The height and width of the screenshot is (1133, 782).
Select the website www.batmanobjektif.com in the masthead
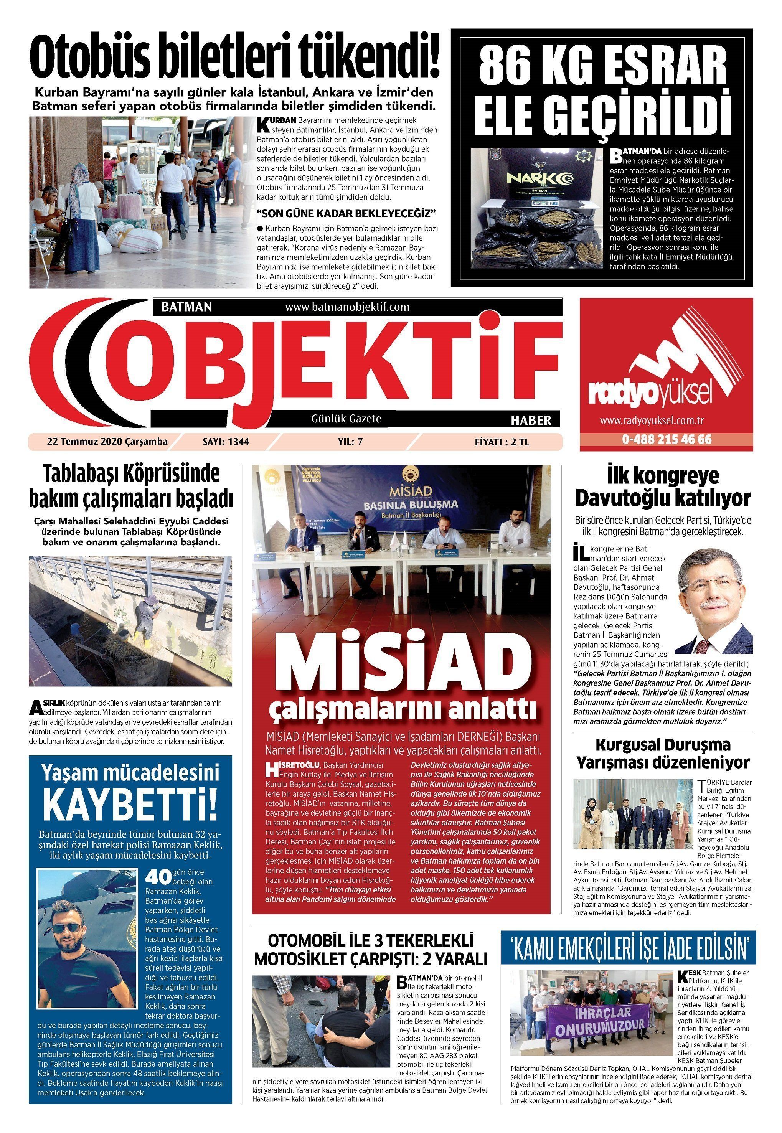(x=347, y=307)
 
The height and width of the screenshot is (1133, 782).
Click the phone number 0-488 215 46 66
(x=667, y=439)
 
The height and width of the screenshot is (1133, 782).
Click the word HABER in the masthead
(x=531, y=420)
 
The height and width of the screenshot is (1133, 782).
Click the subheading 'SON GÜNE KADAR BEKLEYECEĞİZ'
(x=346, y=214)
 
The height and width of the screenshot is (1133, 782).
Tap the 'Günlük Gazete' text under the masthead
(x=346, y=419)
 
